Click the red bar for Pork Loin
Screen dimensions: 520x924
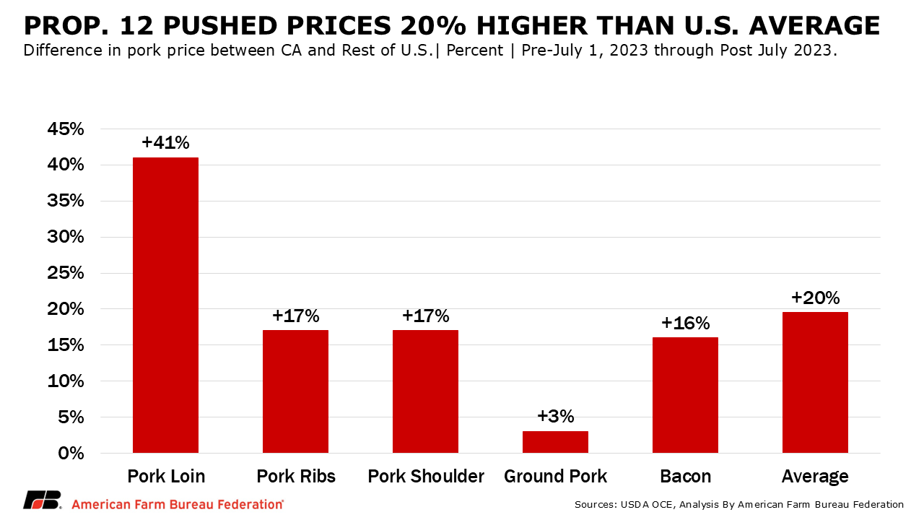[165, 305]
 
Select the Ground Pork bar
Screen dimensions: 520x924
[555, 442]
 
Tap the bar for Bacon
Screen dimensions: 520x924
[685, 395]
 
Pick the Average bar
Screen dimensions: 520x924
[815, 382]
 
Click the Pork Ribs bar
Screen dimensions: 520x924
[295, 391]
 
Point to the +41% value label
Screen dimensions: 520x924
[165, 142]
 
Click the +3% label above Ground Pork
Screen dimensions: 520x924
[555, 416]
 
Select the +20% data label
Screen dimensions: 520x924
[815, 298]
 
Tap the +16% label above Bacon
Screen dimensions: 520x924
[685, 323]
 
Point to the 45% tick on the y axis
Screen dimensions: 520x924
[66, 129]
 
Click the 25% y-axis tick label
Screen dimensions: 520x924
[66, 273]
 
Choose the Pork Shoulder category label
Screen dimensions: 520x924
[425, 477]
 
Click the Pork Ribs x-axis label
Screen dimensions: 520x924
[295, 477]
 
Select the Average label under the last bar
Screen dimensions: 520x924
[815, 477]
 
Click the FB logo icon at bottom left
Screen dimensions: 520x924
[42, 502]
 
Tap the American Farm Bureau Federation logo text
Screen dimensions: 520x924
[177, 504]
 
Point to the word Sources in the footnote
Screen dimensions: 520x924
[594, 504]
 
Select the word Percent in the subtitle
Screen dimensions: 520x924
[474, 51]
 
